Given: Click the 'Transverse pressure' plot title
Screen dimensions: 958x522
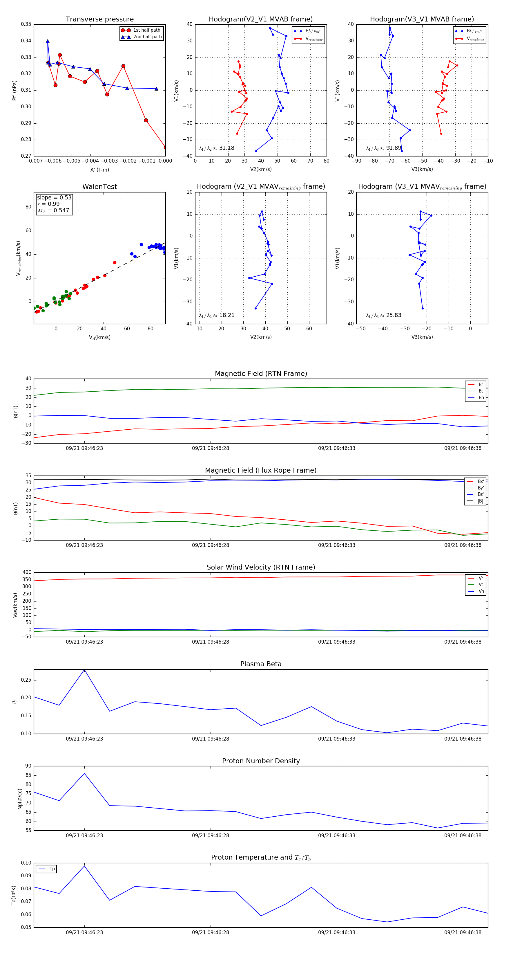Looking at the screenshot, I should [x=99, y=19].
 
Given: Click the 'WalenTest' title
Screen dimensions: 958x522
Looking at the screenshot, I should [x=99, y=187].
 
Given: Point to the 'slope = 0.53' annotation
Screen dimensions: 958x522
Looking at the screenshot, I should [x=54, y=197].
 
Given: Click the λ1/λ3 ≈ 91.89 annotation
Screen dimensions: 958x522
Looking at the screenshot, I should [x=383, y=148].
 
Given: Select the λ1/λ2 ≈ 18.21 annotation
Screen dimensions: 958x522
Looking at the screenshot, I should [x=217, y=315].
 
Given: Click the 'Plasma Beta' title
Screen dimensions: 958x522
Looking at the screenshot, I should [x=261, y=664].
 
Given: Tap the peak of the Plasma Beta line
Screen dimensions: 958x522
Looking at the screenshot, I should [x=84, y=669].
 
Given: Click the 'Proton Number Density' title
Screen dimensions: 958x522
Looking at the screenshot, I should [x=261, y=761].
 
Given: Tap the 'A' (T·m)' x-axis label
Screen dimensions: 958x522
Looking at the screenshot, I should [x=99, y=170].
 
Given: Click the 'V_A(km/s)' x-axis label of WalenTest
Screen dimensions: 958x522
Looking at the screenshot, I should [x=99, y=337].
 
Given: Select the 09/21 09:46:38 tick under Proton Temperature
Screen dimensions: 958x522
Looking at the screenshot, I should [x=463, y=932].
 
